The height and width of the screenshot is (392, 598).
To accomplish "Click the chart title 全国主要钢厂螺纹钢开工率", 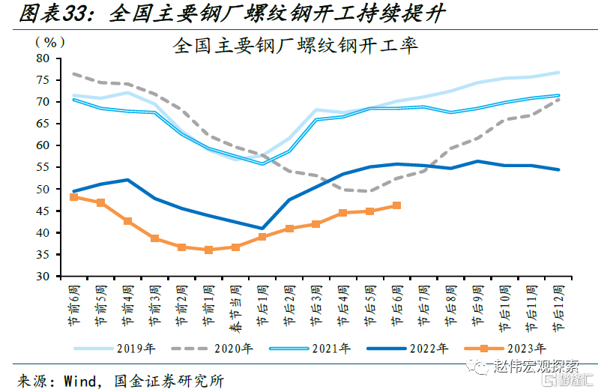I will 295,46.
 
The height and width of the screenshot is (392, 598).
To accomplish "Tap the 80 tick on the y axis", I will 43,58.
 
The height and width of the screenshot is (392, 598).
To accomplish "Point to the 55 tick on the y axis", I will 43,167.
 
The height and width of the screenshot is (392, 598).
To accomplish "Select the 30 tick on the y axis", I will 43,277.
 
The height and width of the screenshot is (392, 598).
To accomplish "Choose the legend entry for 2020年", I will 232,348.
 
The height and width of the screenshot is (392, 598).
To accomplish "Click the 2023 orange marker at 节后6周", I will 396,205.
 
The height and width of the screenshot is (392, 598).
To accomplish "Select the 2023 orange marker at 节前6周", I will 74,197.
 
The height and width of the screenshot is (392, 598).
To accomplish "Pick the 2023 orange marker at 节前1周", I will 208,250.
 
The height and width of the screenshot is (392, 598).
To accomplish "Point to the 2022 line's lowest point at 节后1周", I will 262,228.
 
